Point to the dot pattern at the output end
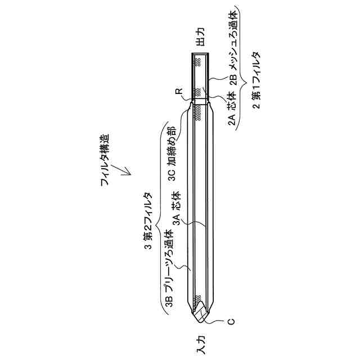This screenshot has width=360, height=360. pyautogui.click(x=198, y=64)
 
